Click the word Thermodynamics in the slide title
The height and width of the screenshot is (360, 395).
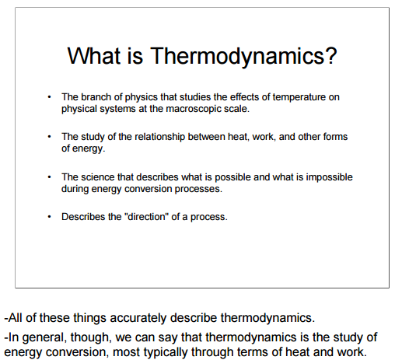pyautogui.click(x=237, y=57)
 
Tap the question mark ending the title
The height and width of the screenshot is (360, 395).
pyautogui.click(x=331, y=55)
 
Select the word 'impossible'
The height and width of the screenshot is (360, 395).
pyautogui.click(x=329, y=178)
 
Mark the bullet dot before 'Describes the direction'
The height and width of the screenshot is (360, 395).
pyautogui.click(x=49, y=217)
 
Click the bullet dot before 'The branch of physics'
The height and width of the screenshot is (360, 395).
pyautogui.click(x=49, y=97)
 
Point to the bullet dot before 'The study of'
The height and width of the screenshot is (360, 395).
pyautogui.click(x=49, y=137)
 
